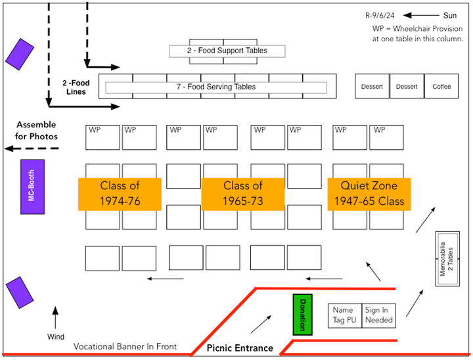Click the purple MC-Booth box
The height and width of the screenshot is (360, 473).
pyautogui.click(x=32, y=187)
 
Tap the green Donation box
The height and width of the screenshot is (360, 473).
pyautogui.click(x=302, y=314)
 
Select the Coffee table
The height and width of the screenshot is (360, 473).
pyautogui.click(x=441, y=87)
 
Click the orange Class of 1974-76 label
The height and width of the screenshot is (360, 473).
pyautogui.click(x=120, y=194)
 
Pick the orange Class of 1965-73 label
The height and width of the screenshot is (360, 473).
pyautogui.click(x=242, y=194)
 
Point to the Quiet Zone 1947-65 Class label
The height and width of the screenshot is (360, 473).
pyautogui.click(x=369, y=194)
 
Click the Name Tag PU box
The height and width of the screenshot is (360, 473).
pyautogui.click(x=344, y=315)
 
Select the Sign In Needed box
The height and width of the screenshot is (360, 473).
pyautogui.click(x=378, y=315)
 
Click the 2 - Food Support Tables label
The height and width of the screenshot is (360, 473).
pyautogui.click(x=227, y=51)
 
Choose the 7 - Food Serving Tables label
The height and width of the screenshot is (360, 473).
pyautogui.click(x=216, y=87)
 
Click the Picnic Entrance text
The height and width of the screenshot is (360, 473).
pyautogui.click(x=240, y=348)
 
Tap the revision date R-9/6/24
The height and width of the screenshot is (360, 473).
pyautogui.click(x=381, y=15)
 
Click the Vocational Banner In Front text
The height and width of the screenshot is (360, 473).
pyautogui.click(x=125, y=346)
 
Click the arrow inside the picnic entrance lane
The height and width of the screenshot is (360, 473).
pyautogui.click(x=260, y=324)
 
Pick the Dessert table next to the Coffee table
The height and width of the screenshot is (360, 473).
pyautogui.click(x=406, y=87)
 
